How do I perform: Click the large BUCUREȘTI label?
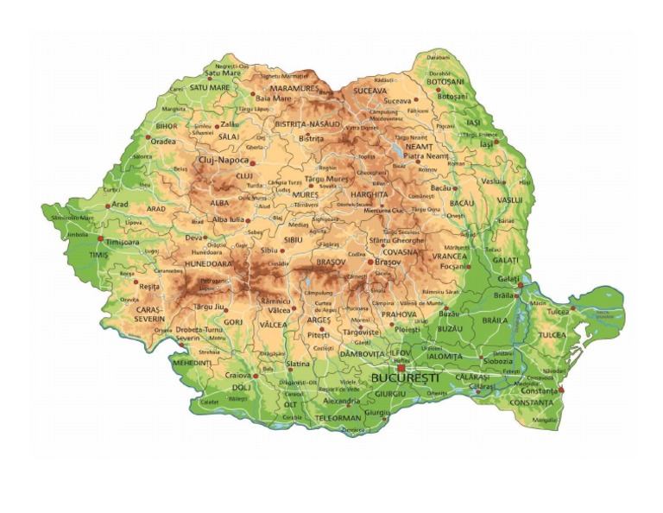[405, 378]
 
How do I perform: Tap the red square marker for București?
[401, 367]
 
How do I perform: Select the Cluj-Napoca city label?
[224, 160]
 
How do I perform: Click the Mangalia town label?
[546, 421]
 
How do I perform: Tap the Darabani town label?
[439, 57]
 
